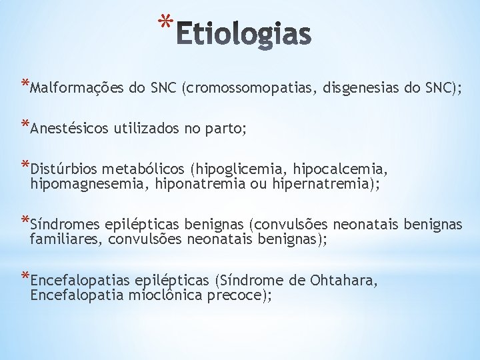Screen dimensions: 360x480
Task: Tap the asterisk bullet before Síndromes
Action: click(x=25, y=220)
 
